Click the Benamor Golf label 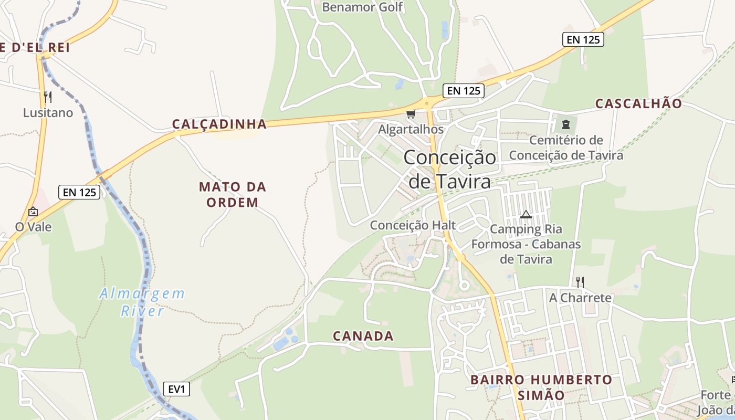tap(362, 7)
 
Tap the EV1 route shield tap(176, 389)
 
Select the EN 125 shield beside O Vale tap(79, 192)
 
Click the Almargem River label tap(142, 302)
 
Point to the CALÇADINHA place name tap(219, 124)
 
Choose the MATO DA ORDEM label tap(233, 194)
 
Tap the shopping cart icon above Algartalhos tap(411, 114)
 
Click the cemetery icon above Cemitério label tap(566, 124)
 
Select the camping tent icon tap(526, 214)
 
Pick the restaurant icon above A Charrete tap(580, 282)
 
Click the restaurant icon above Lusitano tap(48, 97)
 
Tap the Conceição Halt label tap(413, 225)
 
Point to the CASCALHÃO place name tap(638, 103)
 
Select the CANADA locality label tap(363, 336)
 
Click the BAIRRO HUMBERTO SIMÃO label tap(541, 387)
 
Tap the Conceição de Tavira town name tap(450, 169)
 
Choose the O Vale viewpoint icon tap(33, 212)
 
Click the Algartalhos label tap(411, 129)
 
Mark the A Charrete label tap(580, 298)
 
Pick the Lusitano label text tap(48, 112)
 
